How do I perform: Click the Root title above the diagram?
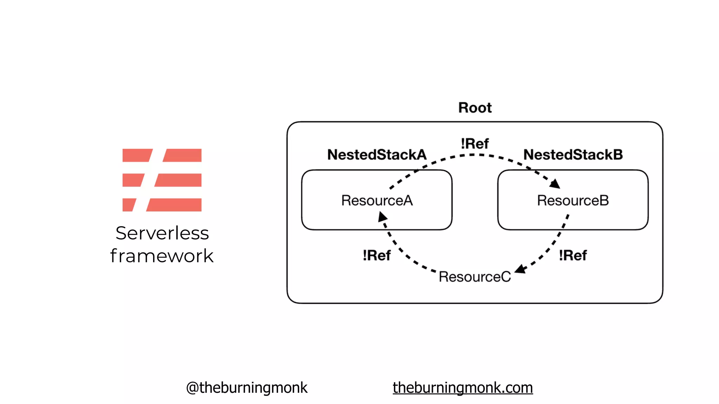tap(475, 108)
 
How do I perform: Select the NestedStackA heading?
tap(377, 155)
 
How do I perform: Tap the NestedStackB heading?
tap(573, 155)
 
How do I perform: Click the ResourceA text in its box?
tap(377, 201)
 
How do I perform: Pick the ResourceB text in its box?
tap(573, 201)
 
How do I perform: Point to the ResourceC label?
tap(475, 277)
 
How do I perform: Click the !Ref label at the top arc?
tap(475, 144)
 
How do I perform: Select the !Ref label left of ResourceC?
tap(376, 255)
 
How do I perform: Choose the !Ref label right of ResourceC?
tap(573, 255)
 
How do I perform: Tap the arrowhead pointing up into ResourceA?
tap(382, 217)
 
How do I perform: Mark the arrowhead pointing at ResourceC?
tap(520, 269)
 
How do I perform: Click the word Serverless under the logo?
tap(162, 233)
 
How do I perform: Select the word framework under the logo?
tap(162, 256)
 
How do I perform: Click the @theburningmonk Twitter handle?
tap(246, 388)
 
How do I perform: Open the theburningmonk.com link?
tap(463, 388)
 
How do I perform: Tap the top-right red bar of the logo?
tap(183, 155)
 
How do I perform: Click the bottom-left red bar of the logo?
tap(128, 205)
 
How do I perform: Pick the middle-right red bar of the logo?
tap(178, 180)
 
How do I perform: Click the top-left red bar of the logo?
tap(136, 155)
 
